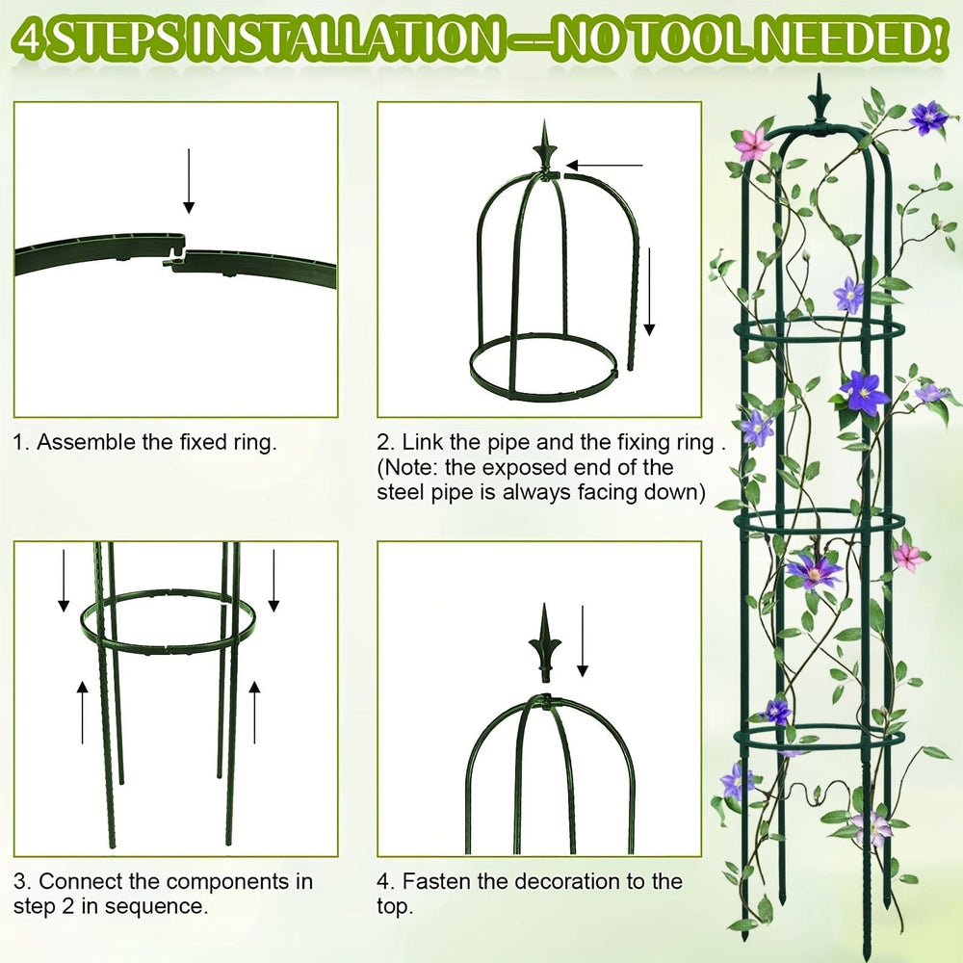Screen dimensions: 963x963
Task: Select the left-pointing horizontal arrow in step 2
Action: click(x=607, y=166)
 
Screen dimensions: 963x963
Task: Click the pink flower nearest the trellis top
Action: click(x=753, y=143)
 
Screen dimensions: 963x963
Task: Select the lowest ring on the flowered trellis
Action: click(x=819, y=737)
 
